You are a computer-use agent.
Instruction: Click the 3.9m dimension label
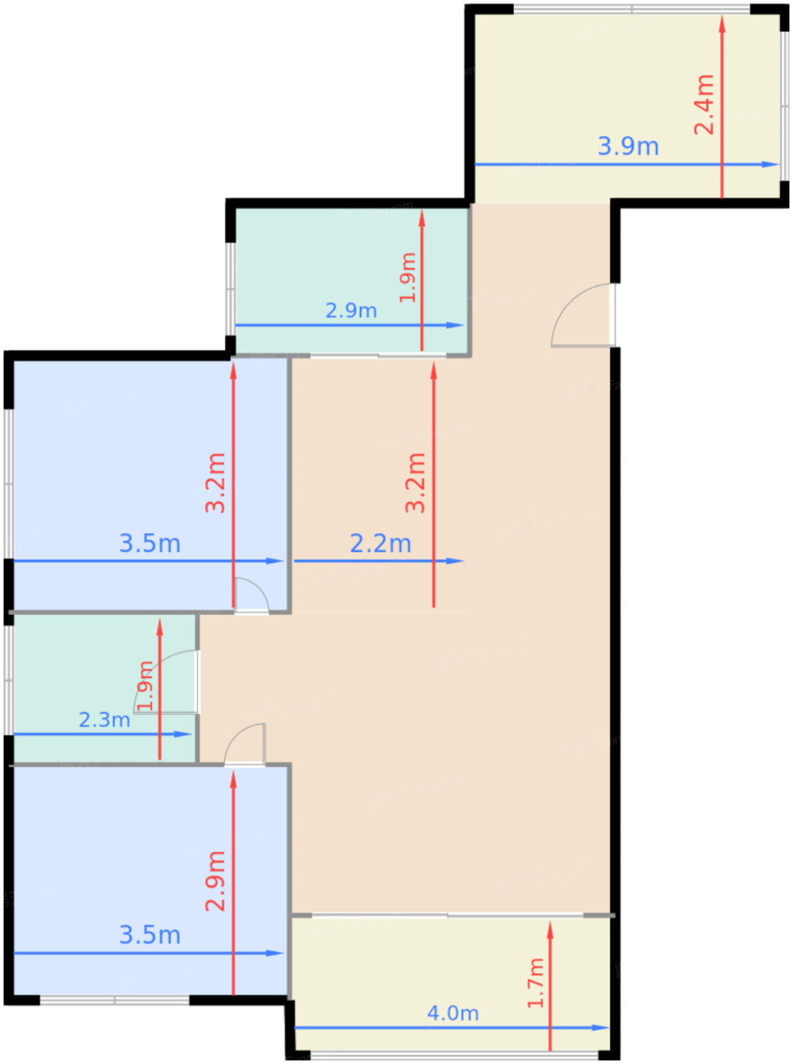[628, 147]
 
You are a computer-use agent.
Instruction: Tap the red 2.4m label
[704, 105]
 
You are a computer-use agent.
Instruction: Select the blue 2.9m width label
[351, 310]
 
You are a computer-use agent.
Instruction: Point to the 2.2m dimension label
[380, 543]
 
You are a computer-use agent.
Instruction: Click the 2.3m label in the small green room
[104, 720]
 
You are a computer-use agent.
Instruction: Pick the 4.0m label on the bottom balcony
[452, 1012]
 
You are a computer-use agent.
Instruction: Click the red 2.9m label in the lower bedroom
[215, 881]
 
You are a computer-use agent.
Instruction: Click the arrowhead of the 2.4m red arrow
[722, 24]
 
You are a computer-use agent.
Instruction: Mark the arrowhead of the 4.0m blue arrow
[600, 1028]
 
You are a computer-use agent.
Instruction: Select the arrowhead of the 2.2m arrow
[455, 560]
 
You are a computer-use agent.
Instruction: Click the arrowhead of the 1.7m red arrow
[550, 931]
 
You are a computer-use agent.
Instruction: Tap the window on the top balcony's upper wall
[632, 9]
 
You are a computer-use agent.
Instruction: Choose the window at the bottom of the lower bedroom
[114, 1000]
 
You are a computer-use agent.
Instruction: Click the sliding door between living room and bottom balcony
[447, 915]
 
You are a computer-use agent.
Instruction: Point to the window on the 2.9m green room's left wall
[230, 289]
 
